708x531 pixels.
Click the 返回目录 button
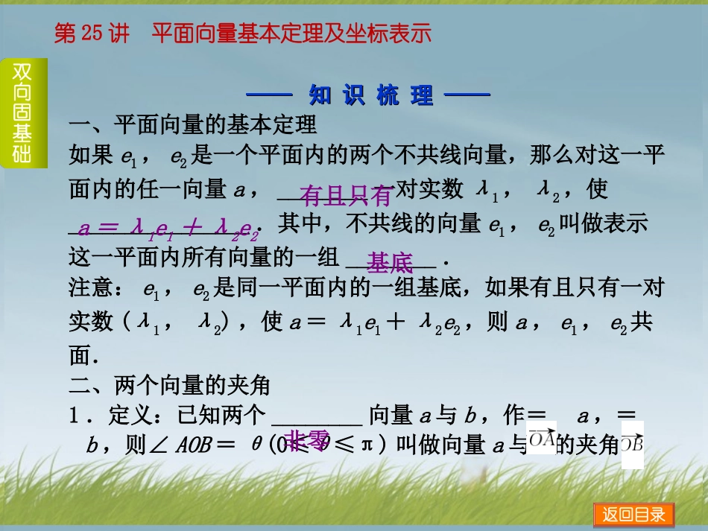click(633, 515)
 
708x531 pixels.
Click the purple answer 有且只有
click(345, 196)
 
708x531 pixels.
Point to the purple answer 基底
click(390, 262)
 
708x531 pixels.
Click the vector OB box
click(632, 445)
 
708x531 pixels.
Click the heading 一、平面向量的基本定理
click(193, 124)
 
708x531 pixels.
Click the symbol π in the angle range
click(366, 446)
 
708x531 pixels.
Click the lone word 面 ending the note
click(79, 355)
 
